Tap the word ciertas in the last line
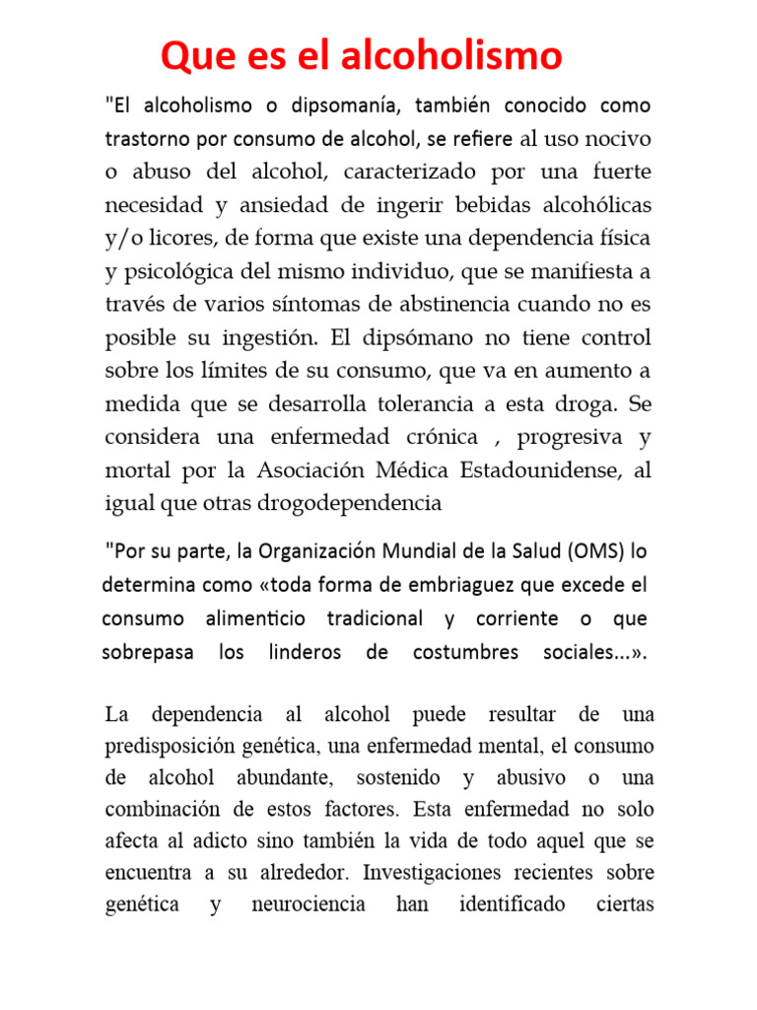point(625,904)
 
